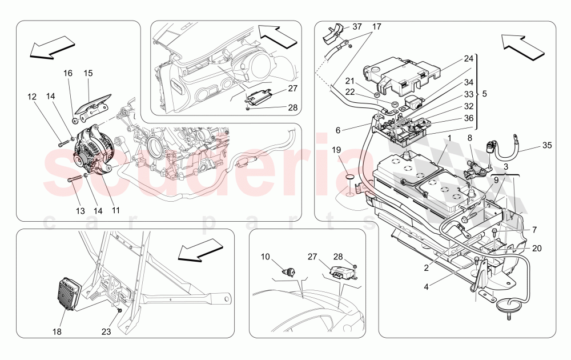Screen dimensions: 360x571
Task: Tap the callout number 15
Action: [88, 73]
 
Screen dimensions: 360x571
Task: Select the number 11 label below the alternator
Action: [116, 210]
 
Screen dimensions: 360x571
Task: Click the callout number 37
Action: [357, 27]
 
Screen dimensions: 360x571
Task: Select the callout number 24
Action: [468, 58]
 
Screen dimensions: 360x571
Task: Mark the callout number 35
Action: [546, 145]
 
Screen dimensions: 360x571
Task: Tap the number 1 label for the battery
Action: [449, 138]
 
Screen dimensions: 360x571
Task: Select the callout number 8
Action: [470, 138]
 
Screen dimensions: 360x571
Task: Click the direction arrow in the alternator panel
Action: [52, 48]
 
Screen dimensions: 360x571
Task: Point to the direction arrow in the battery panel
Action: [521, 46]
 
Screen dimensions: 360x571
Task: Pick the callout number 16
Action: [68, 73]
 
